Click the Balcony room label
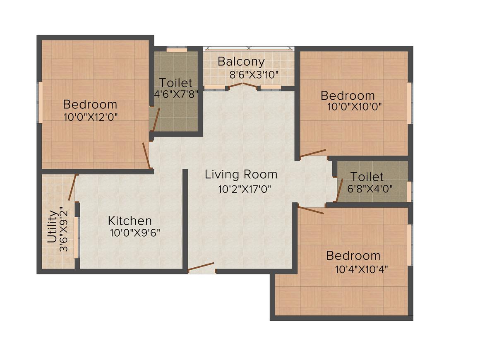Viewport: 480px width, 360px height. pos(241,62)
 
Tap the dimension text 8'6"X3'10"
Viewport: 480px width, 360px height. pos(254,75)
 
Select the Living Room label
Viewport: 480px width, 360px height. pos(241,175)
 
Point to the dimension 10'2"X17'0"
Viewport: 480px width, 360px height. pos(244,190)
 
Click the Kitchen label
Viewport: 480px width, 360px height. pos(130,221)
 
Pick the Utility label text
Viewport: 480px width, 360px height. pos(52,227)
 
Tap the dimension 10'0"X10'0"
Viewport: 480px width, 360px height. pos(354,106)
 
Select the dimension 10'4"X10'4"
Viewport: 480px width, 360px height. pos(361,270)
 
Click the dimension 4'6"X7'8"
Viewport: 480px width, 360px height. pos(176,94)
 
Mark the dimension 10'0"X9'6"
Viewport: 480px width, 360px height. pos(135,233)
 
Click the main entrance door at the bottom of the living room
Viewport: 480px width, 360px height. pos(201,268)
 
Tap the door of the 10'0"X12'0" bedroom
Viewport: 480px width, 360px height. pos(146,156)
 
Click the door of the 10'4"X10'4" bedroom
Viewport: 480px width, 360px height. pos(310,210)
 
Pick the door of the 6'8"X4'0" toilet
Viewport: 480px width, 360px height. pos(339,190)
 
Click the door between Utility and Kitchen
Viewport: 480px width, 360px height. pos(72,187)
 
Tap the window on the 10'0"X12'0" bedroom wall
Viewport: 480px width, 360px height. pos(40,102)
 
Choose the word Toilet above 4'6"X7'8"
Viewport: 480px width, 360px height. pos(176,82)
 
